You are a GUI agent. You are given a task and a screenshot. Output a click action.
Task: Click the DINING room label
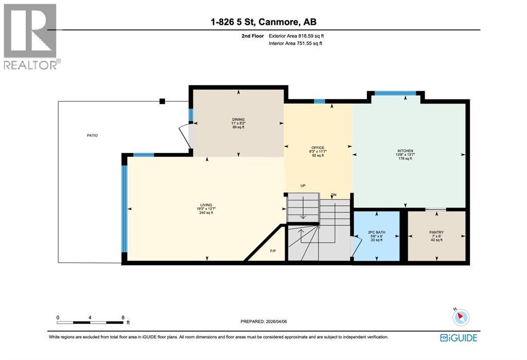(238, 120)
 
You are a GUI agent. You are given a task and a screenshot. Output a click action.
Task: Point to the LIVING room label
(206, 205)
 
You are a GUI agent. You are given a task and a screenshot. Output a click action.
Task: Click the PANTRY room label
(436, 232)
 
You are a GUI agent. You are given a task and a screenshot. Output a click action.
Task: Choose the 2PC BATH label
(377, 232)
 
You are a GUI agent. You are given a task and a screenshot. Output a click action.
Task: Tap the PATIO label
(92, 135)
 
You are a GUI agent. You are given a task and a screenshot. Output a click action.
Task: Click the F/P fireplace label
(273, 251)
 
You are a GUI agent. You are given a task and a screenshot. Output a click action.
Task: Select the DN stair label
(333, 195)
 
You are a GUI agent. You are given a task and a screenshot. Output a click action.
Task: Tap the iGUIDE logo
(459, 338)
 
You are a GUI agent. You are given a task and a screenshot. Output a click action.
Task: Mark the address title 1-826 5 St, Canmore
(263, 22)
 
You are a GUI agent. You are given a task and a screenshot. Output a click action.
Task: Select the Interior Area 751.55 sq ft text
(295, 44)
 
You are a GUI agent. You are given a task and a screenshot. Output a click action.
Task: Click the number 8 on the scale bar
(122, 317)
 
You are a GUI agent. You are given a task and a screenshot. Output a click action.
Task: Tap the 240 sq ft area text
(206, 213)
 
